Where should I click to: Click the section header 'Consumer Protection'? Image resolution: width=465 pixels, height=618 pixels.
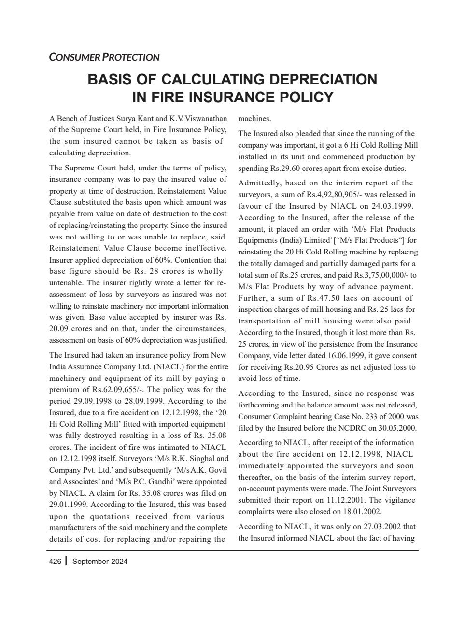pyautogui.click(x=104, y=57)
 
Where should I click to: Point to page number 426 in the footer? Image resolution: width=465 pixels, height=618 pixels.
pyautogui.click(x=55, y=561)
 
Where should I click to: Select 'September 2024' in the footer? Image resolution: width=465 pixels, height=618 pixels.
pyautogui.click(x=100, y=561)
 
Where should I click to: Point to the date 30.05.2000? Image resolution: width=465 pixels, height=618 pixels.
pyautogui.click(x=398, y=428)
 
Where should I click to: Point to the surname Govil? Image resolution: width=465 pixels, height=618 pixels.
pyautogui.click(x=217, y=470)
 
